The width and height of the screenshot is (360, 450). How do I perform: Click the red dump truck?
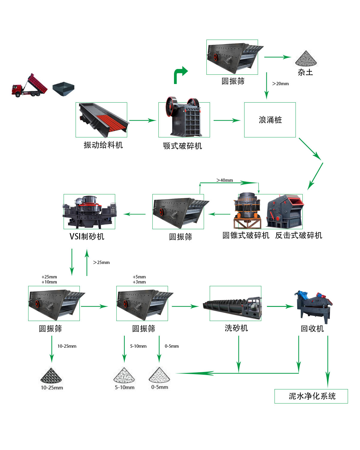[x=29, y=86]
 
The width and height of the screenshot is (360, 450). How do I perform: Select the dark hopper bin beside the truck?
[x=63, y=89]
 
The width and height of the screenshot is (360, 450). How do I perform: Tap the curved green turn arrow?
[x=180, y=75]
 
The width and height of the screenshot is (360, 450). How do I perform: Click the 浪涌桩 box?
[x=270, y=120]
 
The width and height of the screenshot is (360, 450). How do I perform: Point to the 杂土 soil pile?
[x=306, y=58]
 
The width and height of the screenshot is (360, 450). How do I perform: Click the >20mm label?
[x=280, y=84]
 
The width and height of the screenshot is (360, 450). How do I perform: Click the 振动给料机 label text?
[x=103, y=145]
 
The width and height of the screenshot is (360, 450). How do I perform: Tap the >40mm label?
[x=225, y=180]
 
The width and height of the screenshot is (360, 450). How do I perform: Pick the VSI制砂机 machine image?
[x=89, y=212]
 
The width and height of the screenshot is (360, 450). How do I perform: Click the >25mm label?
[x=101, y=262]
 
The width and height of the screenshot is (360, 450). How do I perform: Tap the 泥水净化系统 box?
[x=311, y=396]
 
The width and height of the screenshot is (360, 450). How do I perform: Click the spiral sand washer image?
[x=232, y=307]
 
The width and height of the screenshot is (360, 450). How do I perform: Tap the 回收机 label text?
[x=312, y=329]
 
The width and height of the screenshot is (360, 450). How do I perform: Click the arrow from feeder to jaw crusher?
[x=142, y=120]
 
